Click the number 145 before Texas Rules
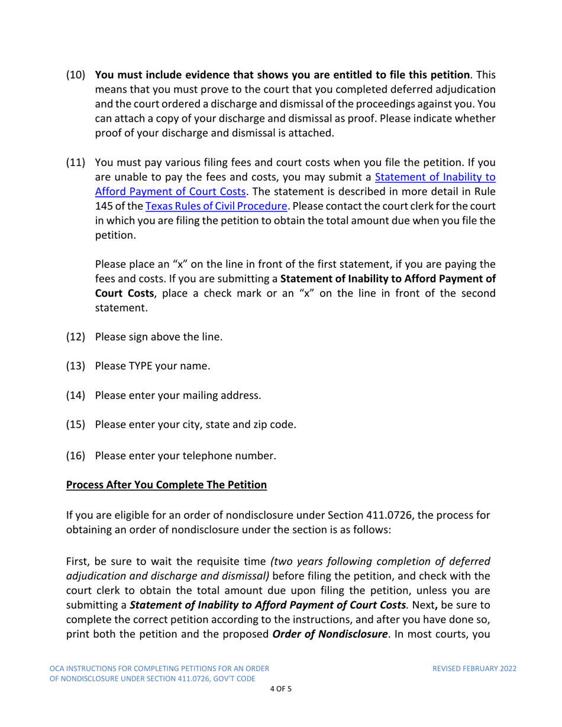(x=104, y=192)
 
